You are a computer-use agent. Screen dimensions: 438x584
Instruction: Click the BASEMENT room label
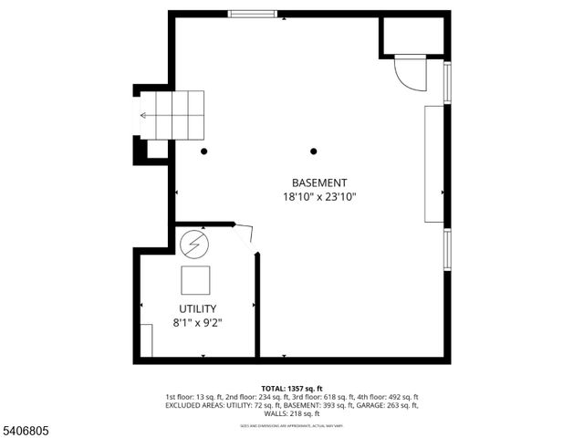coord(319,182)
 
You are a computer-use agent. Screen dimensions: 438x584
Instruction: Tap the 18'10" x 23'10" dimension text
coord(319,196)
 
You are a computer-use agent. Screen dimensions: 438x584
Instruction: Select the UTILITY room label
coord(197,308)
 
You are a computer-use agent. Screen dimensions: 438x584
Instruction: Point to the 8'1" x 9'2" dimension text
coord(197,322)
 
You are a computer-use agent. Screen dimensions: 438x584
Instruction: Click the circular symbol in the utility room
coord(193,245)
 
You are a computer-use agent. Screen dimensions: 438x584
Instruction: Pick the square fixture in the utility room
coord(195,278)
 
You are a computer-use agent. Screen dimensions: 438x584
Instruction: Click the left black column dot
coord(205,151)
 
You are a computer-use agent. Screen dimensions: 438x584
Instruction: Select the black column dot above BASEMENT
coord(314,151)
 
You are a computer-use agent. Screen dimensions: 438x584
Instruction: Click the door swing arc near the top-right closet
coord(408,73)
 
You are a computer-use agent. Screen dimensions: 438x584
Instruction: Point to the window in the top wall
coord(253,14)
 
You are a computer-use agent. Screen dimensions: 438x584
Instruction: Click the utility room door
coord(245,235)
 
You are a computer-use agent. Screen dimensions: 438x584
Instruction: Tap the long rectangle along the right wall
coord(433,163)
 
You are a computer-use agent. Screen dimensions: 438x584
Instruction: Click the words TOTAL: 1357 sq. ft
coord(292,388)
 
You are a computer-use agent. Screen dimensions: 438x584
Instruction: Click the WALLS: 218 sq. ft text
coord(292,413)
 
